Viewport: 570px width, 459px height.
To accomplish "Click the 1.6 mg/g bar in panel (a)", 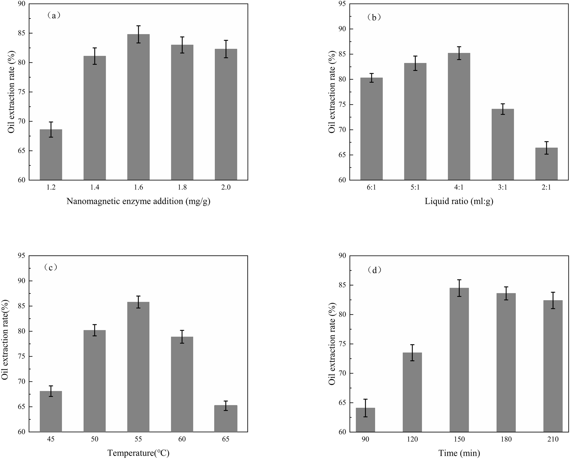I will coord(138,107).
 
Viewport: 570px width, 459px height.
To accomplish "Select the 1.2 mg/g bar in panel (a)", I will coord(51,155).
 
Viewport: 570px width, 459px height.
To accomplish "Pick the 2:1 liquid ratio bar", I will coord(546,164).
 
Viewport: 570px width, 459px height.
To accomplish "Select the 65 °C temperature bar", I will coord(226,418).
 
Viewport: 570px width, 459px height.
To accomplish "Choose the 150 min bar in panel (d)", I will coord(459,360).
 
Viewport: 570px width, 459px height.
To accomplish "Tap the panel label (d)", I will coord(375,270).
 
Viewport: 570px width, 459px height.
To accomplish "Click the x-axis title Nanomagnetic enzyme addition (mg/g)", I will coord(138,201).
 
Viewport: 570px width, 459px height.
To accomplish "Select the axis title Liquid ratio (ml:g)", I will coord(459,201).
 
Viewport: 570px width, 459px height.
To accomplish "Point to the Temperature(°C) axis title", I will coord(138,453).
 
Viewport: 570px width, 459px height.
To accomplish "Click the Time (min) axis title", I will coord(459,453).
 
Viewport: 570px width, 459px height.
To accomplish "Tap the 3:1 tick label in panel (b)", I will coord(503,187).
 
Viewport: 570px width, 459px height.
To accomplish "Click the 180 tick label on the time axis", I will coord(506,439).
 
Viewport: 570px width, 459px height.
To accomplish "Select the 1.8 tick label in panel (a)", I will coord(182,187).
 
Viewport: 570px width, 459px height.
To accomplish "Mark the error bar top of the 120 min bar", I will coord(412,345).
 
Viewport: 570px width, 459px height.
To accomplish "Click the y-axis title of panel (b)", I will coord(332,92).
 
